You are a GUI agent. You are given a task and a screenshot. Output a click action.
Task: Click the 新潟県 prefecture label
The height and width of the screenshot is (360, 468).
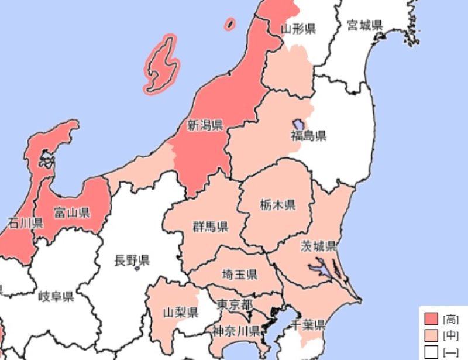point(204,125)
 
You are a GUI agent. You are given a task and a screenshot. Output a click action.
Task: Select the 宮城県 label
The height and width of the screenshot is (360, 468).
point(364,25)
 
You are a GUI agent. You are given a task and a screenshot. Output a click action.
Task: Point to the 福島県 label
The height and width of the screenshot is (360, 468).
point(309,136)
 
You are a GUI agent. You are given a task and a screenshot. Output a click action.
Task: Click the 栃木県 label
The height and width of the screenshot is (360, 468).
point(277,205)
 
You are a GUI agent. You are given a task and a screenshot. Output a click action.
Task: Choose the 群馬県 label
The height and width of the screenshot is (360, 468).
point(211,227)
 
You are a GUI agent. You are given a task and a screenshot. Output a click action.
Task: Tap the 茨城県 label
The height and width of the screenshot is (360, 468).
point(318,245)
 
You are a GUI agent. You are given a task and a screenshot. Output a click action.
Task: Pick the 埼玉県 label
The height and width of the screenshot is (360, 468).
point(240,274)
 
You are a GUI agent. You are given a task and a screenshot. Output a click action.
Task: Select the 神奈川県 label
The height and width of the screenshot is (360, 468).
point(236,330)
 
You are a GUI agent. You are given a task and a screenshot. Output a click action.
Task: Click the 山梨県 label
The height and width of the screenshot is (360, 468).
point(180,312)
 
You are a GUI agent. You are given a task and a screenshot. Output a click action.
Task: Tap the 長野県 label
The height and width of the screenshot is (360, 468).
point(132,260)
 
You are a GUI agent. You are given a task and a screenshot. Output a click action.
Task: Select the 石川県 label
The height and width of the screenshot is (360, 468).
point(26,223)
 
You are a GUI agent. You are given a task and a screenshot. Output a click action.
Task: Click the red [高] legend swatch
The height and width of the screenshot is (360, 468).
point(431,319)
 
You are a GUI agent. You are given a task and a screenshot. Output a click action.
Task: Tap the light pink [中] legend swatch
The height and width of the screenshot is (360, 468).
point(431,335)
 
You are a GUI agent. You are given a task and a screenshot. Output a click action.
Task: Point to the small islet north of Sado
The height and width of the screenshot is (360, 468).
point(230,23)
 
